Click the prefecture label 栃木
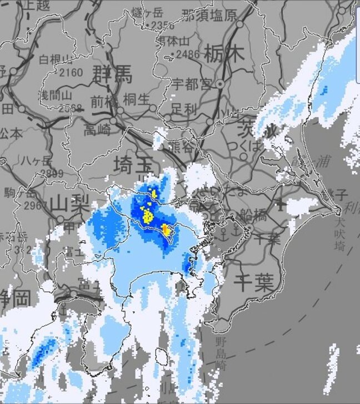(224, 54)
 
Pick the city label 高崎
(97, 130)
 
